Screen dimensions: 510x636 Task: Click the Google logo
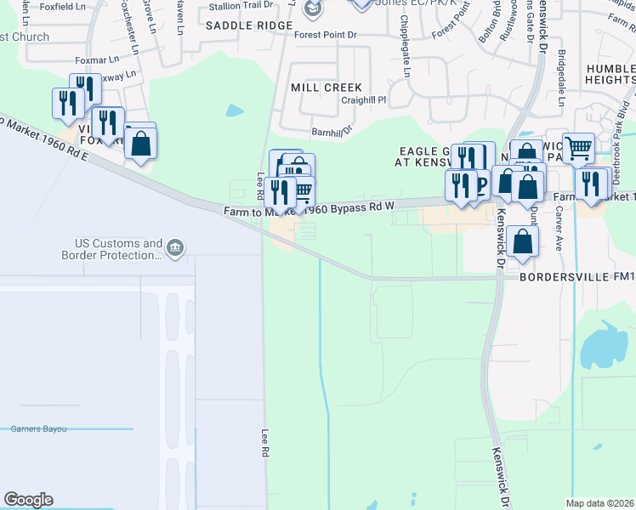coord(28,500)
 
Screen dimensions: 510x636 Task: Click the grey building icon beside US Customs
coord(176,248)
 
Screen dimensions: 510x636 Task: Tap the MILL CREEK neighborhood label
coord(326,88)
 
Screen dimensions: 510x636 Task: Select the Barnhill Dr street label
coord(332,132)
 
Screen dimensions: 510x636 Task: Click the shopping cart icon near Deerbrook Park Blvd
coord(578,148)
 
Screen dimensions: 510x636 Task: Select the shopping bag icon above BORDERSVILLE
coord(526,240)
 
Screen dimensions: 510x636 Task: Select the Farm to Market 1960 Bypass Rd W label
coord(310,209)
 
